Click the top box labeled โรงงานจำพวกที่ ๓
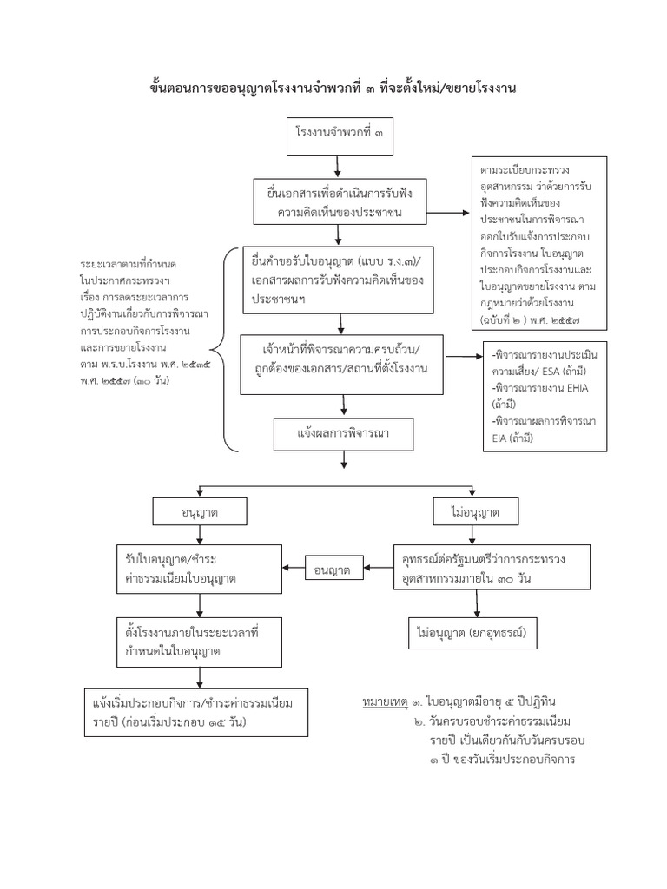tap(340, 135)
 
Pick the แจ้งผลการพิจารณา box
tap(342, 433)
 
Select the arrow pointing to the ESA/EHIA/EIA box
tap(465, 357)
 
